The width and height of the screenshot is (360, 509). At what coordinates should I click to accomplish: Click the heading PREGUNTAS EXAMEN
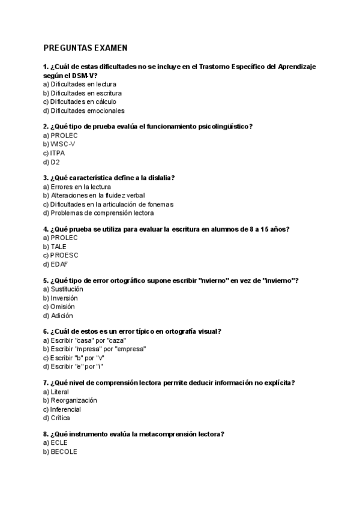coord(85,48)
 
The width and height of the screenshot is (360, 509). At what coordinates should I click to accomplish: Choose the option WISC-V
coord(63,144)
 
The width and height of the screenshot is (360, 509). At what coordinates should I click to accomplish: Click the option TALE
coord(59,246)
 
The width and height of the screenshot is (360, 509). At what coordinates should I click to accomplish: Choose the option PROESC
coord(64,255)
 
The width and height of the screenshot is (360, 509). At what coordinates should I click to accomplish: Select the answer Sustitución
coord(67,289)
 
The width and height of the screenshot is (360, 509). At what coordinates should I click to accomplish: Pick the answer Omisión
coord(62,306)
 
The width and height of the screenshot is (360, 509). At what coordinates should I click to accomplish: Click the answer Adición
coord(61,315)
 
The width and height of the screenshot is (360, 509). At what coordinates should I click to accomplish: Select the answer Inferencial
coord(66,409)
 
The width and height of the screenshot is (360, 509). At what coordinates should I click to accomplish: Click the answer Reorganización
coord(73,400)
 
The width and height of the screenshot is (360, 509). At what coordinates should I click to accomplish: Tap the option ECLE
coord(59,442)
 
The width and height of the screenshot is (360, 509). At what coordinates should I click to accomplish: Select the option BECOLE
coord(64,451)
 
